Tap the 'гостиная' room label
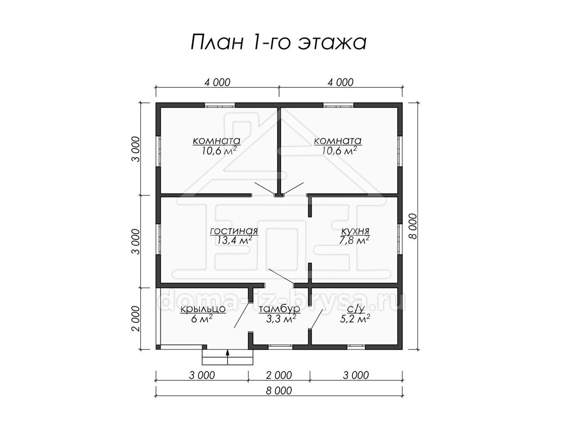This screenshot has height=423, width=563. click(x=234, y=231)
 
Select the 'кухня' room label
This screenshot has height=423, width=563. click(x=355, y=231)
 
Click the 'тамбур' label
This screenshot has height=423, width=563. click(x=279, y=309)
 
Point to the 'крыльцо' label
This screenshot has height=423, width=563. click(x=203, y=309)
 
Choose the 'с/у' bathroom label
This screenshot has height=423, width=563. click(x=356, y=309)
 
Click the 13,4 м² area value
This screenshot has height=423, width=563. click(x=234, y=240)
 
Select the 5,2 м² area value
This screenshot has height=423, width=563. click(x=355, y=319)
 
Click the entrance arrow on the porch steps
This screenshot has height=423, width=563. click(x=228, y=357)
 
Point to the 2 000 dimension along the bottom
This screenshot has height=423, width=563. click(x=279, y=375)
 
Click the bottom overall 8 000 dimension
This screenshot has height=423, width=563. click(x=279, y=391)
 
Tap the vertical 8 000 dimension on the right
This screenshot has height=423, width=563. click(x=413, y=226)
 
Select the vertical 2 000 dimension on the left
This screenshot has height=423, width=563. click(x=136, y=319)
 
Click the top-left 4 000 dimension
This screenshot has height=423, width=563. click(x=217, y=82)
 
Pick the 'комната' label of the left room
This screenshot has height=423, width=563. click(x=217, y=141)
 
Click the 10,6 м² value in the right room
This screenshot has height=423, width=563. click(x=339, y=150)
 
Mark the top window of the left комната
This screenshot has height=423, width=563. click(x=220, y=105)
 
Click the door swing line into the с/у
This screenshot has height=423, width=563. click(x=316, y=319)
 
